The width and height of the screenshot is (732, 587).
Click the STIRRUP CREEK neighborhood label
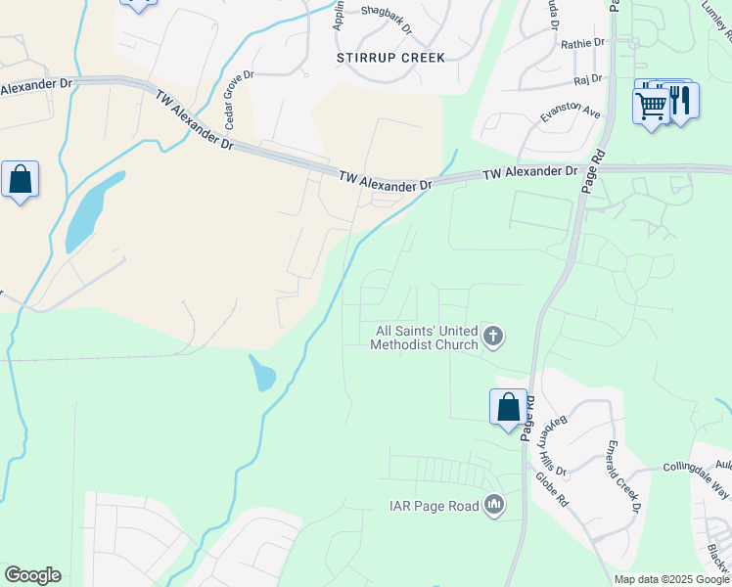tap(390, 58)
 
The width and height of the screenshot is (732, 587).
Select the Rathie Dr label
tap(584, 44)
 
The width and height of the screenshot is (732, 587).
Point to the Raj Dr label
tap(587, 80)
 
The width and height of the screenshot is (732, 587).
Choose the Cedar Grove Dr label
tap(240, 100)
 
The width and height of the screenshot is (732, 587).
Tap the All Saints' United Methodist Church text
tap(425, 338)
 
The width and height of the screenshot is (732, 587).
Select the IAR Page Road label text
tap(431, 506)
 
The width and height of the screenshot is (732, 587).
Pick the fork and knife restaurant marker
tap(681, 101)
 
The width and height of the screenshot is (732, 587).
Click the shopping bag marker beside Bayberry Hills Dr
tap(508, 407)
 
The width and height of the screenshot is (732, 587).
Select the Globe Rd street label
tap(551, 488)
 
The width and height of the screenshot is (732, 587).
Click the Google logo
tap(32, 575)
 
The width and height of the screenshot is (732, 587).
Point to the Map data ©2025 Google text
tap(671, 579)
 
